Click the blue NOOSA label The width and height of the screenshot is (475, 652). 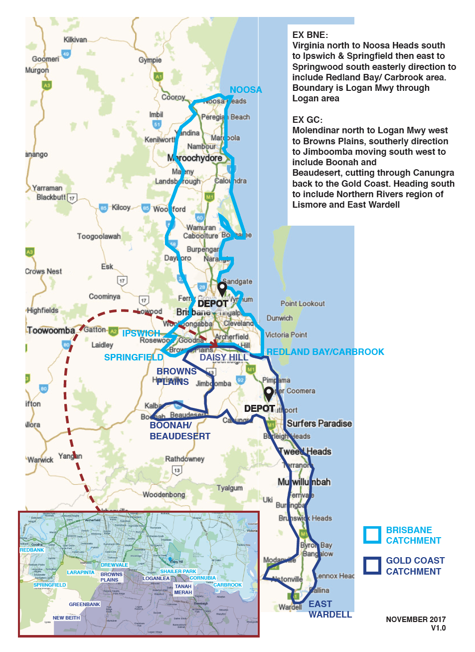tap(245, 90)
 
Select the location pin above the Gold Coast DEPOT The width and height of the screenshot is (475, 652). tap(269, 393)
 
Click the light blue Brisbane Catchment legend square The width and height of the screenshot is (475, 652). tap(372, 535)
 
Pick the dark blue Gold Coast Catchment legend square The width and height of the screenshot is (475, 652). tap(372, 566)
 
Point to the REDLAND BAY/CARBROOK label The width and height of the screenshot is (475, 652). tap(325, 352)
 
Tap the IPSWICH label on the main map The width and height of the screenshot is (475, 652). tap(141, 333)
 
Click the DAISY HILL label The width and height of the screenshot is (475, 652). tap(224, 357)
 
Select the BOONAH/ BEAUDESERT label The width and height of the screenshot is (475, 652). tap(179, 431)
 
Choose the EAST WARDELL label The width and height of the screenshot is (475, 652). tap(329, 609)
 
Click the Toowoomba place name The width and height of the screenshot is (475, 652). tap(51, 330)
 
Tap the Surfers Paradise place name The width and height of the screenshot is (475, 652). tap(319, 423)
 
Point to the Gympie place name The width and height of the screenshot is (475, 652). tap(150, 60)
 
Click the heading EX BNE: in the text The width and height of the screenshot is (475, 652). tap(310, 35)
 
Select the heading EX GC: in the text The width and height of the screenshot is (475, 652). tap(307, 120)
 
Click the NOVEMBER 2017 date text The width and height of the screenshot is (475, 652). tap(415, 619)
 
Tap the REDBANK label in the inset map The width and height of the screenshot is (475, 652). tap(32, 550)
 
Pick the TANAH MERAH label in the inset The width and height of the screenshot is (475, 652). tap(183, 589)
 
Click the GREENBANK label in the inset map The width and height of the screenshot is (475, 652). tap(84, 604)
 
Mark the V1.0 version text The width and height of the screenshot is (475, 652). tap(438, 628)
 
